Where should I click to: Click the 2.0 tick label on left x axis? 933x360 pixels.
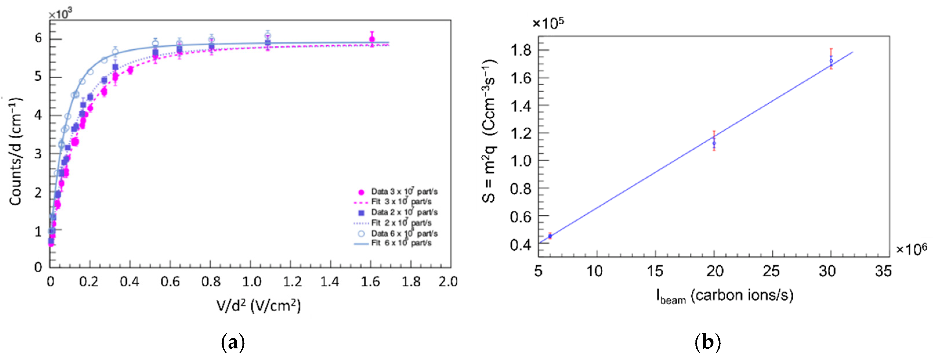coord(448,281)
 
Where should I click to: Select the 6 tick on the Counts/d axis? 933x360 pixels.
coord(38,38)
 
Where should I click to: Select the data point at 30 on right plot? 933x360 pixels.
coord(831,61)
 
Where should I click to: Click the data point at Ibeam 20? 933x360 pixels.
coord(714,143)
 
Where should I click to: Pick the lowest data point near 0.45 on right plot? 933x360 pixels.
coord(550,236)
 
